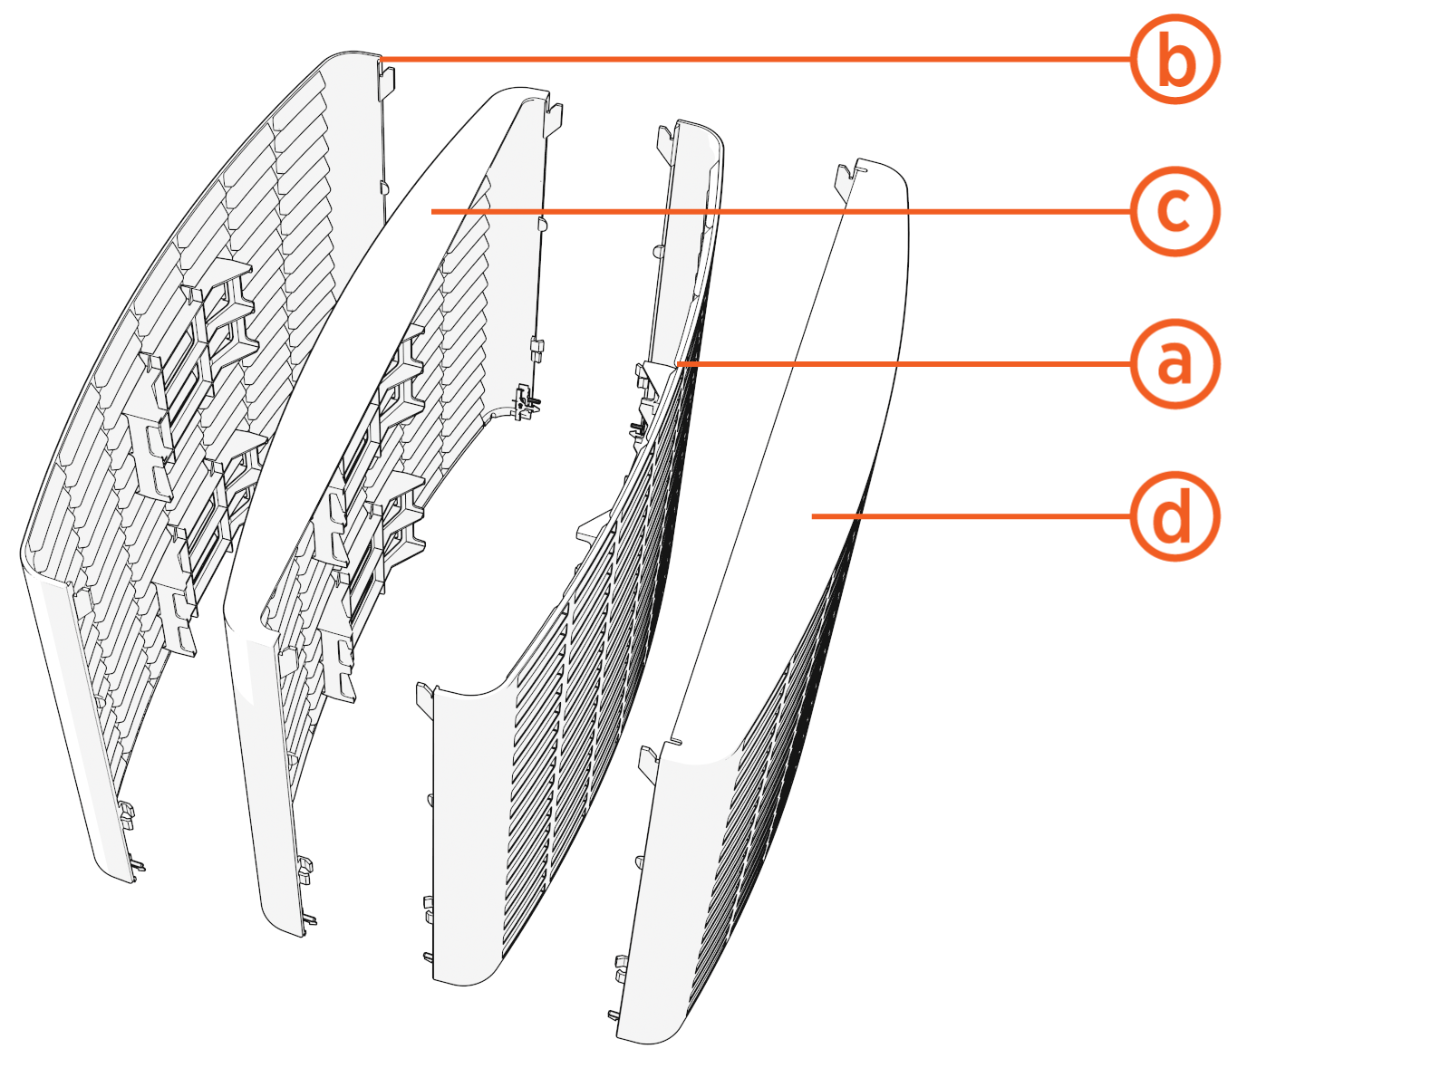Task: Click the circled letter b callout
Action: point(1174,60)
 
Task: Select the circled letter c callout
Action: point(1174,211)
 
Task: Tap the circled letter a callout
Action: point(1174,363)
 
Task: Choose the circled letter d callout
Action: point(1174,516)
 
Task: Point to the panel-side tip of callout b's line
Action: point(382,60)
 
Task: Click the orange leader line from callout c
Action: point(779,211)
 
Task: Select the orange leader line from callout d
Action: point(970,516)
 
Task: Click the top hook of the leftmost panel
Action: point(387,80)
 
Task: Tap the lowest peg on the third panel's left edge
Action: point(427,957)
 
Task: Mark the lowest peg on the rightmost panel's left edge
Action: point(613,1015)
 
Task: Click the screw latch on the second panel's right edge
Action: point(525,401)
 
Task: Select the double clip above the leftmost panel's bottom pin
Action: point(126,813)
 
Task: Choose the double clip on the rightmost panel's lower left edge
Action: point(622,966)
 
